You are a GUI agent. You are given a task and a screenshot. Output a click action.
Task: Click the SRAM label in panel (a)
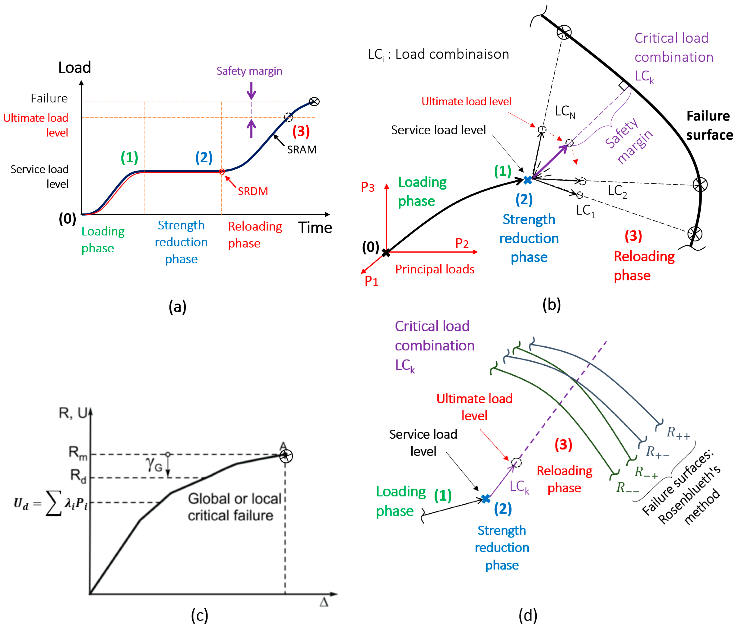(302, 149)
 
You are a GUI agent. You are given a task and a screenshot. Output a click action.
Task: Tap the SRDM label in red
(253, 191)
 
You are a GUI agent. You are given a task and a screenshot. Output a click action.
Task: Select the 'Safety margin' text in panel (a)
(249, 71)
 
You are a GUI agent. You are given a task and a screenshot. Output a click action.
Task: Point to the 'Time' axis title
(315, 227)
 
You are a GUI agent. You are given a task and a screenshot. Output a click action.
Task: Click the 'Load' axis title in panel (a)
(74, 67)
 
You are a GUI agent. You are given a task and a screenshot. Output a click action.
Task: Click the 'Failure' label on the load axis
(49, 98)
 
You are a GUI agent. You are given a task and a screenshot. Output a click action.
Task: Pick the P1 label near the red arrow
(371, 281)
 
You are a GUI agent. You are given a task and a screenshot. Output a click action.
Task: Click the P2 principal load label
(462, 244)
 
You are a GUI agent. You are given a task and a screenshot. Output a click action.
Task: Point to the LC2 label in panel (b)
(617, 191)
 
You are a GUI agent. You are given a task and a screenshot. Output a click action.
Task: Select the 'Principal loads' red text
(435, 269)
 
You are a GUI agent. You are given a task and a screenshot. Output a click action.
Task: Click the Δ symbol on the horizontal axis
(324, 602)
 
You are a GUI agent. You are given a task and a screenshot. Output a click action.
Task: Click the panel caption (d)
(528, 615)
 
